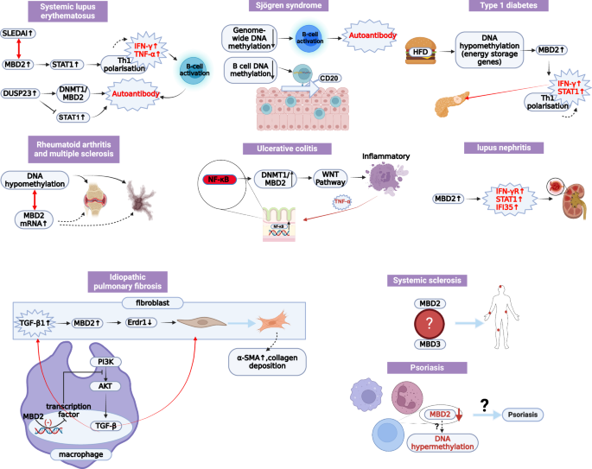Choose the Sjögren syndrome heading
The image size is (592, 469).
[x=273, y=6]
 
